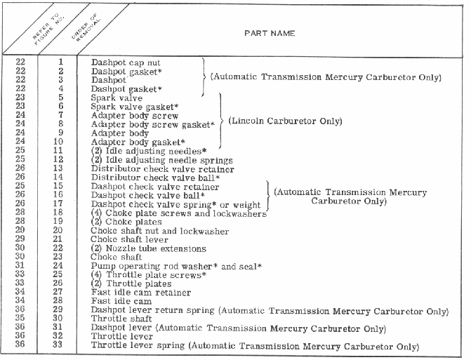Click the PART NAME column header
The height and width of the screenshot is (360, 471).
pyautogui.click(x=269, y=34)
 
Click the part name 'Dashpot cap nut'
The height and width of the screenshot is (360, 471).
pyautogui.click(x=119, y=62)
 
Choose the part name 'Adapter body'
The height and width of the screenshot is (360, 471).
pyautogui.click(x=117, y=133)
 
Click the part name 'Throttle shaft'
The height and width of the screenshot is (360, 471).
pyautogui.click(x=118, y=319)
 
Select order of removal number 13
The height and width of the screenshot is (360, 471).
pyautogui.click(x=60, y=169)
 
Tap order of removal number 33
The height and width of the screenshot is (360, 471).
pyautogui.click(x=60, y=346)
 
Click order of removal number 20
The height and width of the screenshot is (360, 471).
pyautogui.click(x=60, y=230)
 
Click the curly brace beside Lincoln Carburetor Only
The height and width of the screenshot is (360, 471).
pyautogui.click(x=223, y=121)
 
